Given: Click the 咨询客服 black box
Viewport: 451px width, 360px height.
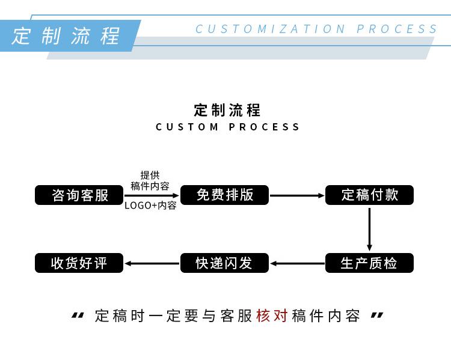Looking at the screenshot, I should click(x=79, y=195).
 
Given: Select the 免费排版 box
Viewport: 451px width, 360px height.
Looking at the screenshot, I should click(x=225, y=195).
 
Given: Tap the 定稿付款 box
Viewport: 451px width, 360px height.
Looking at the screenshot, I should click(x=369, y=195).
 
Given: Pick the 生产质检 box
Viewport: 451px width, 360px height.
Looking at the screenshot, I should click(x=369, y=263).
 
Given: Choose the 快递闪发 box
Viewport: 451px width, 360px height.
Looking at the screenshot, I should click(x=225, y=263).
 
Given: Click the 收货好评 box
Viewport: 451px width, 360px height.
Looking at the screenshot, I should click(x=79, y=263).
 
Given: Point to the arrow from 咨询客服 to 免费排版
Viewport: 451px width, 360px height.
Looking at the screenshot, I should click(x=152, y=195).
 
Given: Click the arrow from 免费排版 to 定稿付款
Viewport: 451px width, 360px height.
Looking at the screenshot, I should click(x=297, y=195).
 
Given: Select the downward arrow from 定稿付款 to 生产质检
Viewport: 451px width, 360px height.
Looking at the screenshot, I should click(x=369, y=229).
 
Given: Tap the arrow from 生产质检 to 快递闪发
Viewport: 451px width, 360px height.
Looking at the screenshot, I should click(x=297, y=263).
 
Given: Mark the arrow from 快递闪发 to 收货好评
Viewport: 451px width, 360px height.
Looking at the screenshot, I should click(x=152, y=263).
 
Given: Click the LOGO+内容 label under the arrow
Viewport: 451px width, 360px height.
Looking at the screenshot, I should click(x=150, y=206).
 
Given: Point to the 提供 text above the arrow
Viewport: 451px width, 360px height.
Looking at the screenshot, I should click(x=150, y=175).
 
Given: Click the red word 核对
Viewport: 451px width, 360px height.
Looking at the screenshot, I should click(x=272, y=316).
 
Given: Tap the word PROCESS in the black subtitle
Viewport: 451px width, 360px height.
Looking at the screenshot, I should click(x=265, y=127).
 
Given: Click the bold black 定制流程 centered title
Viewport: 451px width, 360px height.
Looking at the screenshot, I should click(x=227, y=110).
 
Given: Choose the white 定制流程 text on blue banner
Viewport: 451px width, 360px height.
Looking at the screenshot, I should click(x=66, y=35).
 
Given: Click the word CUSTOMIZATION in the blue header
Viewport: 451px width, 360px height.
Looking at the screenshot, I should click(x=271, y=29).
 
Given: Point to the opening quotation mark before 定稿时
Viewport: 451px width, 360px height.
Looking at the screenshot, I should click(x=78, y=316).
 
